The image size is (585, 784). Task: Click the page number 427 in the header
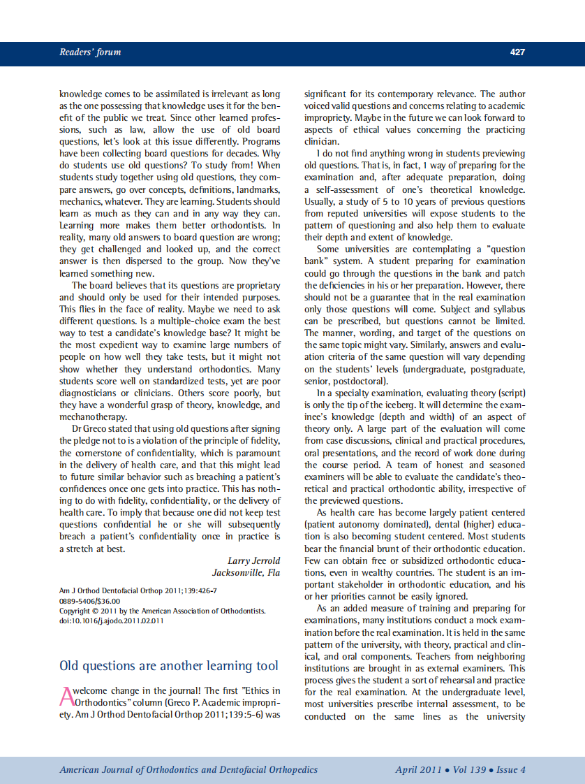tap(517, 52)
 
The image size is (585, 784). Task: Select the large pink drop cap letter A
tap(66, 697)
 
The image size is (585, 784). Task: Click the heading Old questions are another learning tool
tap(169, 666)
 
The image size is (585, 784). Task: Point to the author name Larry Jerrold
tap(253, 560)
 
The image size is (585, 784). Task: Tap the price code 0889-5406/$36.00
tap(90, 601)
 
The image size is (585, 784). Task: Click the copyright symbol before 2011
tap(96, 611)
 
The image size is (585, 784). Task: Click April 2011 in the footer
tap(418, 770)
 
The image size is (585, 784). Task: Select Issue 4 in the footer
tap(511, 770)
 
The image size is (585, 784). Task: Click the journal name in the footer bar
tap(188, 770)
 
